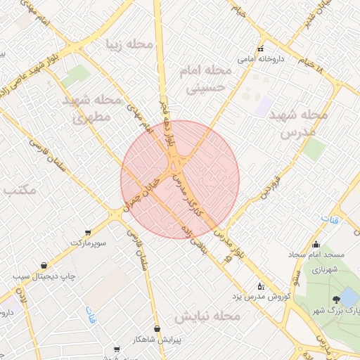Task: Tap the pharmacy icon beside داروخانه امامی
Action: coord(261,49)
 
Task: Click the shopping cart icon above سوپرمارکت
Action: coord(87,232)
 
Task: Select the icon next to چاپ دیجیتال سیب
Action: coord(46,266)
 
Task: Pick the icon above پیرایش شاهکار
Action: coord(157,328)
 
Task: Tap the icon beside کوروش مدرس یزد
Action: coord(261,286)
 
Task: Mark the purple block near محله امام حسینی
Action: coord(265,106)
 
